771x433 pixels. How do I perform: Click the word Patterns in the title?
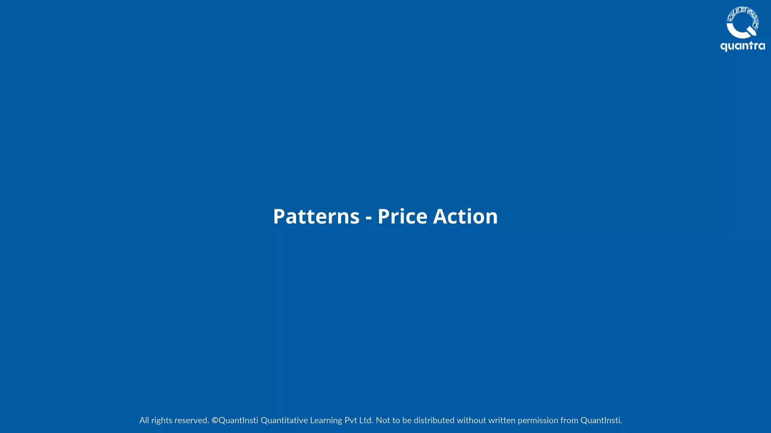tap(316, 216)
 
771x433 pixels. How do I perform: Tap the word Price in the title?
tap(402, 216)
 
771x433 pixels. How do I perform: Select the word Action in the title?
tap(465, 216)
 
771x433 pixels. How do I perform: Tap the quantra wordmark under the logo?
tap(742, 46)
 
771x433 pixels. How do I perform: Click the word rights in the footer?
tap(162, 420)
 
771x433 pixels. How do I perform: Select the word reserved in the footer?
tap(192, 420)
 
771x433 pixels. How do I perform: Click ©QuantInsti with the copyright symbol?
tap(235, 420)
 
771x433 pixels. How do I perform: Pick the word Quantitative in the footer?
tap(284, 420)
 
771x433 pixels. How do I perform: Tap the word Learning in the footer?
tap(326, 420)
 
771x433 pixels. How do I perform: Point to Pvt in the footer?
tap(350, 420)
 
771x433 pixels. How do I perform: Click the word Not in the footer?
tap(383, 420)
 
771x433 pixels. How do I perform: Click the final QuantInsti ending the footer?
tap(601, 420)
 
